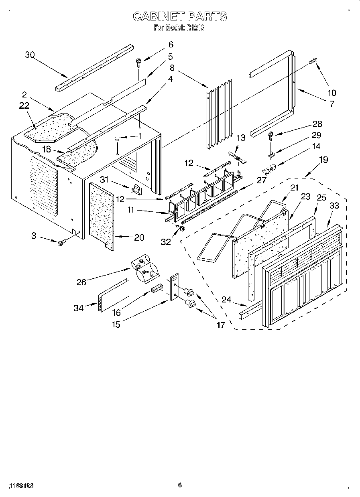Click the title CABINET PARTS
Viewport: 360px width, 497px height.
pos(180,16)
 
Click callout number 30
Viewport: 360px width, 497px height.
pos(30,55)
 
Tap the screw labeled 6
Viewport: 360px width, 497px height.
pos(138,62)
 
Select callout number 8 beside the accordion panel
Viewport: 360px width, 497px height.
pos(172,68)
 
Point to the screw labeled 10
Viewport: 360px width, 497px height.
pos(313,61)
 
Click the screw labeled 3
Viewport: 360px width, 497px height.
pos(62,242)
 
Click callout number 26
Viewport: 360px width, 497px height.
pos(81,282)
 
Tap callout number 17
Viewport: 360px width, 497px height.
pos(221,325)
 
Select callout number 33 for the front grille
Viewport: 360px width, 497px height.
pos(334,206)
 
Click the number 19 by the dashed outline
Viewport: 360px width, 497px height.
pos(323,160)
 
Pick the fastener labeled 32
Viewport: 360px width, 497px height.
pos(180,229)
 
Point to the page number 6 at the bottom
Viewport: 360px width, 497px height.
pos(180,485)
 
